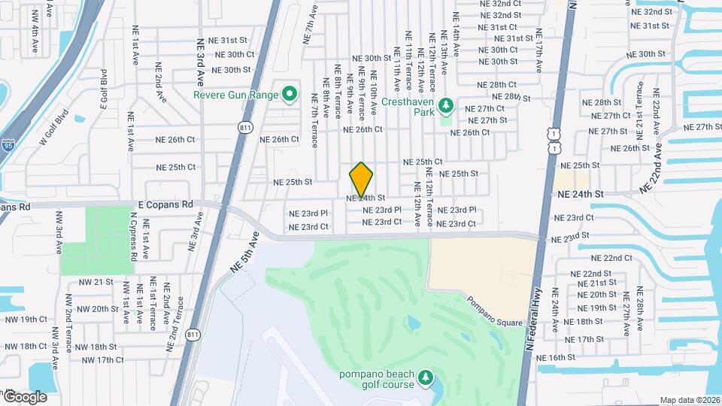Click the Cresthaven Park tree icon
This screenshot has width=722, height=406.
pos(444,105)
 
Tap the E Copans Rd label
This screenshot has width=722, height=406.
pos(165,204)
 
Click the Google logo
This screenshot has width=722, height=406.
pos(25,396)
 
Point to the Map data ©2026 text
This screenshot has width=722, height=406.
pos(689,400)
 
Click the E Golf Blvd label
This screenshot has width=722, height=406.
pos(104,90)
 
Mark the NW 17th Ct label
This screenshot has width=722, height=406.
pos(102,360)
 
